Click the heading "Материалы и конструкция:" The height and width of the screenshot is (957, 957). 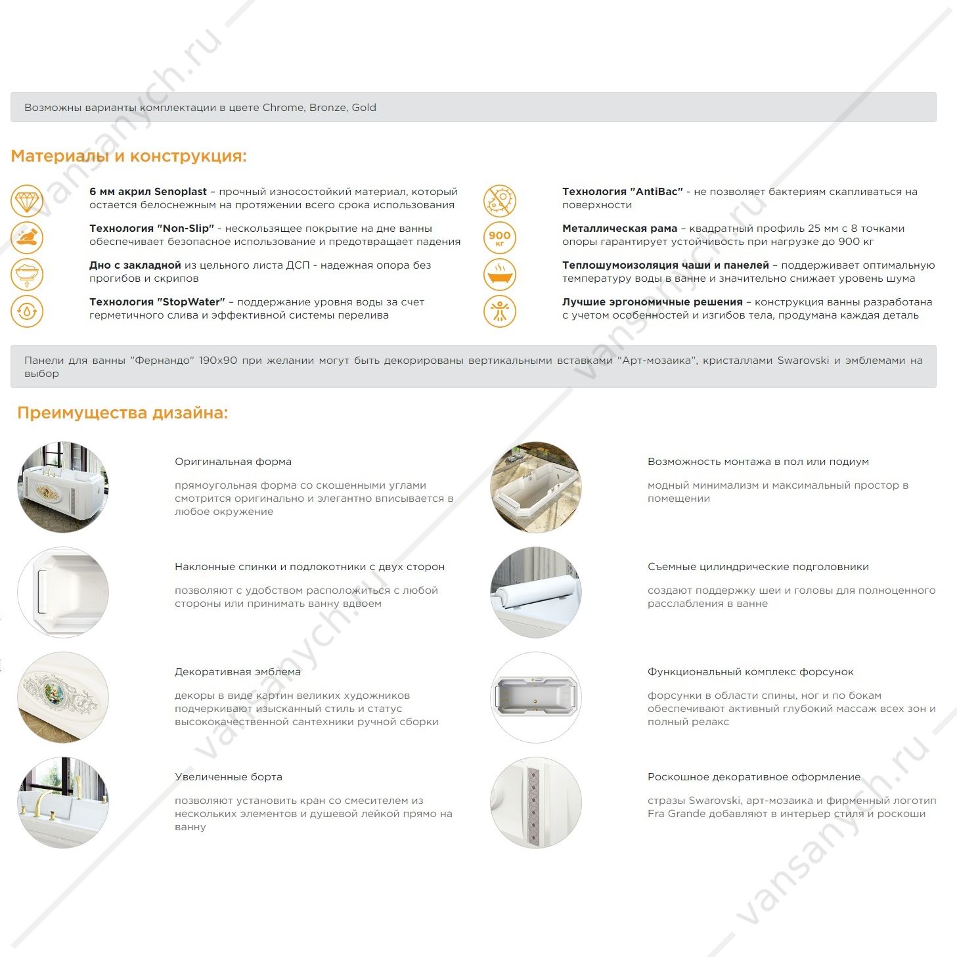point(129,156)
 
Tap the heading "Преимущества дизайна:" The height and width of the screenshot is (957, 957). point(123,413)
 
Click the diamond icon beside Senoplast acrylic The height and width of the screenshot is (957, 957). point(27,200)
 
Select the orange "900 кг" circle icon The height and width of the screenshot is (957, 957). point(500,237)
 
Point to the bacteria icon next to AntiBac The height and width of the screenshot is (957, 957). point(500,200)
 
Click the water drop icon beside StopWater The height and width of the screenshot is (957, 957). point(27,311)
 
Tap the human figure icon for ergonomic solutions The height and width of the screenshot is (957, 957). point(500,311)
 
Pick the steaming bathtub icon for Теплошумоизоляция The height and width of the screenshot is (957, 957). point(500,275)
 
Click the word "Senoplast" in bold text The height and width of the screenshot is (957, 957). point(180,192)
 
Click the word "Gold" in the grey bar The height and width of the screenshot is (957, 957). point(364,108)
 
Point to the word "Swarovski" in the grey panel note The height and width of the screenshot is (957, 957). point(803,361)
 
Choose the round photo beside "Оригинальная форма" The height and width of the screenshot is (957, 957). point(63,487)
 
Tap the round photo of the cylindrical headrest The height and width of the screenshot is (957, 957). point(536,592)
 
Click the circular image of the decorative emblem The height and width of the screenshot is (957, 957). point(63,698)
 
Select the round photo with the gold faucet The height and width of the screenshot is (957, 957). point(63,803)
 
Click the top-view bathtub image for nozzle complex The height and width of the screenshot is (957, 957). point(536,698)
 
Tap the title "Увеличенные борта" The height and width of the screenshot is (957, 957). point(229,777)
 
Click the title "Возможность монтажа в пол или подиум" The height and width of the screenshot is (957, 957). point(758,462)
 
